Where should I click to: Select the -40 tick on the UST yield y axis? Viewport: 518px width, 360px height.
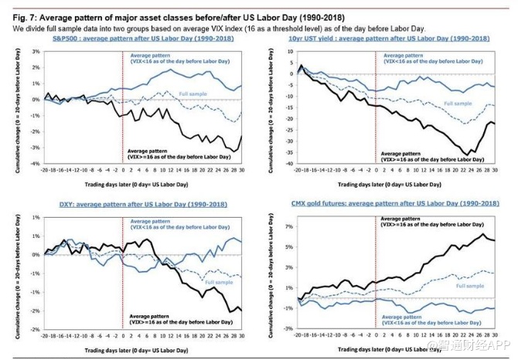pyautogui.click(x=290, y=165)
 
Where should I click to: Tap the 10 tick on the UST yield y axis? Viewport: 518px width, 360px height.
pyautogui.click(x=291, y=51)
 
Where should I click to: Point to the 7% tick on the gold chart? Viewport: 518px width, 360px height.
pyautogui.click(x=289, y=227)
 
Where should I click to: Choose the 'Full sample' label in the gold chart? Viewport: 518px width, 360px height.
pyautogui.click(x=465, y=285)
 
